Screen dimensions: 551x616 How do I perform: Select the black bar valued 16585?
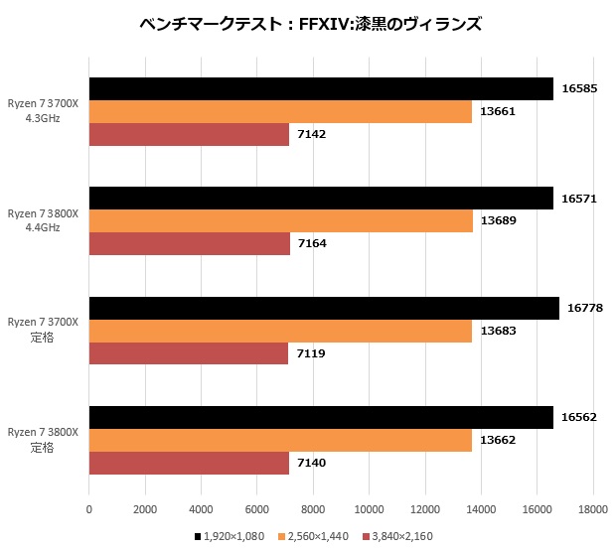tap(321, 89)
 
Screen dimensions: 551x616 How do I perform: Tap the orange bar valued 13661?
tap(280, 111)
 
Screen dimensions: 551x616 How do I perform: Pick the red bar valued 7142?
tap(189, 134)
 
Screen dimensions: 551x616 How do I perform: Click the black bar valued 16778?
tap(324, 308)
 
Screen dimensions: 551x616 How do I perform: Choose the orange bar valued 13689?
tap(280, 220)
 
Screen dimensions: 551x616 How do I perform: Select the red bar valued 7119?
tap(189, 352)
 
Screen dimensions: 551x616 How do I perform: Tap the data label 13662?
tap(498, 440)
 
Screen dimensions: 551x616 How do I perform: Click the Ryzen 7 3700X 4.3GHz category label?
tap(44, 111)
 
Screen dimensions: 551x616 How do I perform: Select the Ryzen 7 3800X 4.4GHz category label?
tap(44, 220)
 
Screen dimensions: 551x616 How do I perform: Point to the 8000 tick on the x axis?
tap(313, 509)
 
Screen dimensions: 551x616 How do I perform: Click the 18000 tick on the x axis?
tap(592, 509)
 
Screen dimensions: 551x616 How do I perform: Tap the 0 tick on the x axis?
tap(89, 509)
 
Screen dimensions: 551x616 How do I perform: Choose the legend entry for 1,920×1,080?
tap(236, 536)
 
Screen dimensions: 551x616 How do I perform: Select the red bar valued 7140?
tap(189, 462)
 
